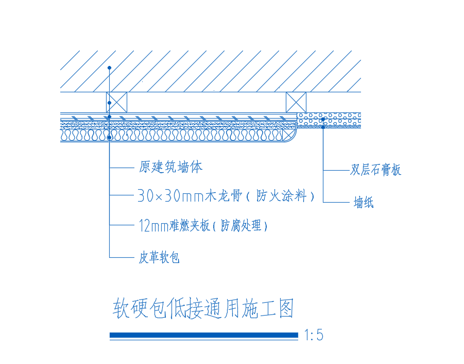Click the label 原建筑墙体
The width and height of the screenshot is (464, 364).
[171, 167]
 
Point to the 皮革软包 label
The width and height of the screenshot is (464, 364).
[159, 257]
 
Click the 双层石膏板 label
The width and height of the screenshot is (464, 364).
[376, 170]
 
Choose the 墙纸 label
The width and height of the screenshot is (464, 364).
[364, 202]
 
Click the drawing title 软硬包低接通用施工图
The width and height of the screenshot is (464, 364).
[203, 308]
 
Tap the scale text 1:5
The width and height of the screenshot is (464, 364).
[314, 335]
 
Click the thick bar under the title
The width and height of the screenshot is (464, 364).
[204, 335]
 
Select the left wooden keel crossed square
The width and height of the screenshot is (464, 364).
[116, 102]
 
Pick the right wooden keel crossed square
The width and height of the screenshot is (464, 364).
[296, 102]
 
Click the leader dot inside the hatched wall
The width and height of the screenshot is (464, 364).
[109, 68]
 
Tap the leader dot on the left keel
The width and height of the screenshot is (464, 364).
[109, 103]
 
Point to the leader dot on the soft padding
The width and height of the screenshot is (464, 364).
[109, 138]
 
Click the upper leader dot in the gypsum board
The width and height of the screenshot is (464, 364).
[323, 119]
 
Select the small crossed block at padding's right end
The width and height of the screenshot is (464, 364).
[287, 136]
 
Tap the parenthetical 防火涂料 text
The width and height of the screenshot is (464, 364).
[281, 195]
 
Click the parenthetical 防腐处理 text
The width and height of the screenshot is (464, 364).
[240, 226]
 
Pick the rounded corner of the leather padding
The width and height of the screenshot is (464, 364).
[294, 139]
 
